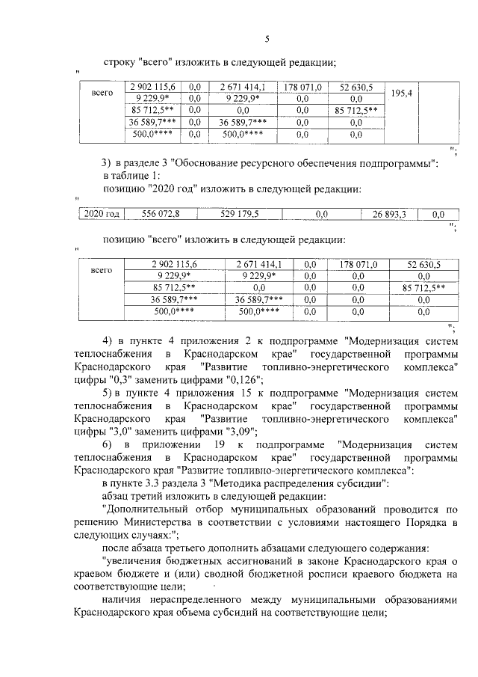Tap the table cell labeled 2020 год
102,214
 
